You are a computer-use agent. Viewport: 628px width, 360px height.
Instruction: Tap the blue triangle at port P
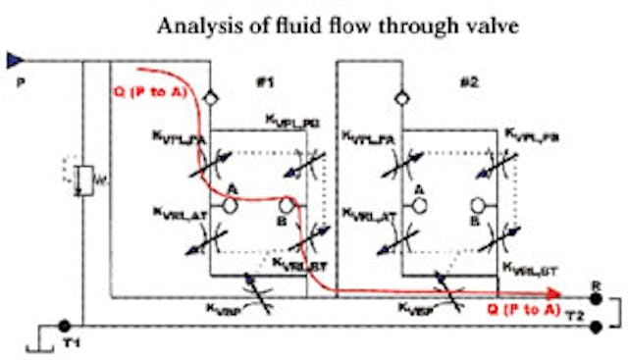click(13, 61)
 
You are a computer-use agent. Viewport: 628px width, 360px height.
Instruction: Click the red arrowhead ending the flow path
click(554, 292)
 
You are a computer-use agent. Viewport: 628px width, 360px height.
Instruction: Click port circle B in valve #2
click(480, 207)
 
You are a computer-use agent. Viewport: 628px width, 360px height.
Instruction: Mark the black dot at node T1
click(64, 326)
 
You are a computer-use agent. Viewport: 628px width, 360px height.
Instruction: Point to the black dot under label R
click(596, 292)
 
